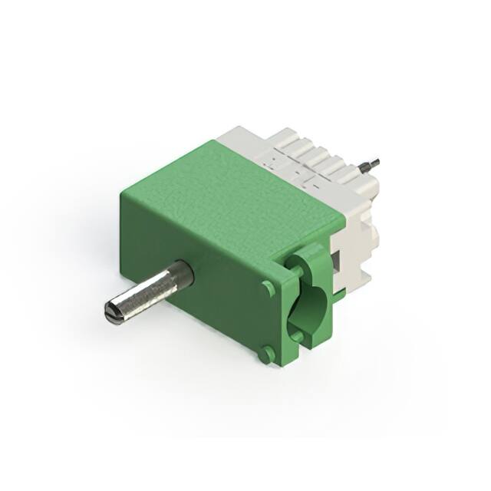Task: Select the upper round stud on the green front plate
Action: [268, 288]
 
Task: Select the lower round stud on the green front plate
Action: [265, 354]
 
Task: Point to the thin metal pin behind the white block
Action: [370, 163]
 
